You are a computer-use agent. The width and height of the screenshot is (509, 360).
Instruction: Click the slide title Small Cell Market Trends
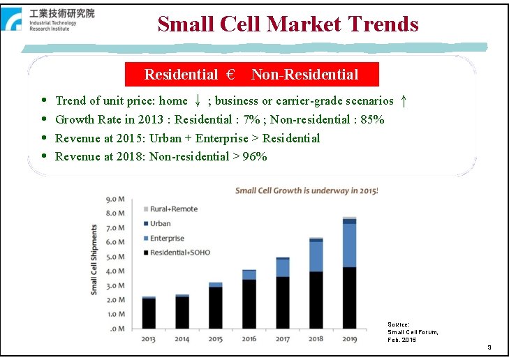(x=288, y=24)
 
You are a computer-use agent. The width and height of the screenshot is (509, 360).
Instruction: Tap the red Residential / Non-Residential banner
(x=251, y=75)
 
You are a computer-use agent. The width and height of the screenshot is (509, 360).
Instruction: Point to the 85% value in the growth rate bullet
(x=371, y=119)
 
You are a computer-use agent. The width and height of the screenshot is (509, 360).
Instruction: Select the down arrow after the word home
(x=198, y=101)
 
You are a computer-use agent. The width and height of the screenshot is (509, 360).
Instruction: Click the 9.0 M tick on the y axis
(x=116, y=199)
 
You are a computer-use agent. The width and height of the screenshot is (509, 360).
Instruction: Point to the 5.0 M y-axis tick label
(x=116, y=257)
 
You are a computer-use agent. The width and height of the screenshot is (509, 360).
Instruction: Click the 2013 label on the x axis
(x=149, y=339)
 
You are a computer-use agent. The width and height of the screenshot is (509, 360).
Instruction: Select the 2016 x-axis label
(x=249, y=339)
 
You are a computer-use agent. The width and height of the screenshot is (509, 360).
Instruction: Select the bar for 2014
(x=182, y=312)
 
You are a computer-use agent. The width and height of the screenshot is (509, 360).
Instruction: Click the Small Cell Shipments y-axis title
(x=94, y=259)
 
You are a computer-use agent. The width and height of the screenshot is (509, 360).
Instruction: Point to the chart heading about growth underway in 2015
(x=306, y=190)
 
